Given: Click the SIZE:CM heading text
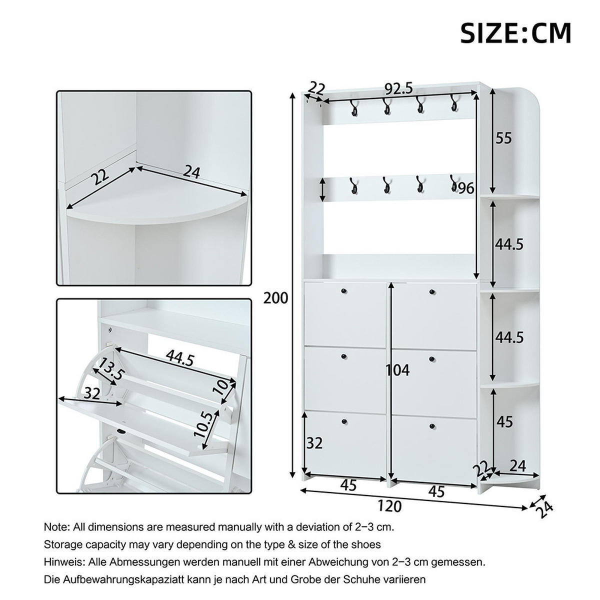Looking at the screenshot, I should [x=515, y=33].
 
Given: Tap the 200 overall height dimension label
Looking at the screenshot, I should [x=276, y=298].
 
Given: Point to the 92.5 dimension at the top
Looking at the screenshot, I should [x=398, y=89].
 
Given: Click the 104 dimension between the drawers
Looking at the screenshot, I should [x=397, y=370].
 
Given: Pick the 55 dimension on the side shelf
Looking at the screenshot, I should [x=504, y=138].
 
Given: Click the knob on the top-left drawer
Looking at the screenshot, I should [x=343, y=291].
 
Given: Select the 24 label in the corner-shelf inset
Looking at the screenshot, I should [x=191, y=172].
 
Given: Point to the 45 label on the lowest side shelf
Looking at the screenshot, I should [x=505, y=421].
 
